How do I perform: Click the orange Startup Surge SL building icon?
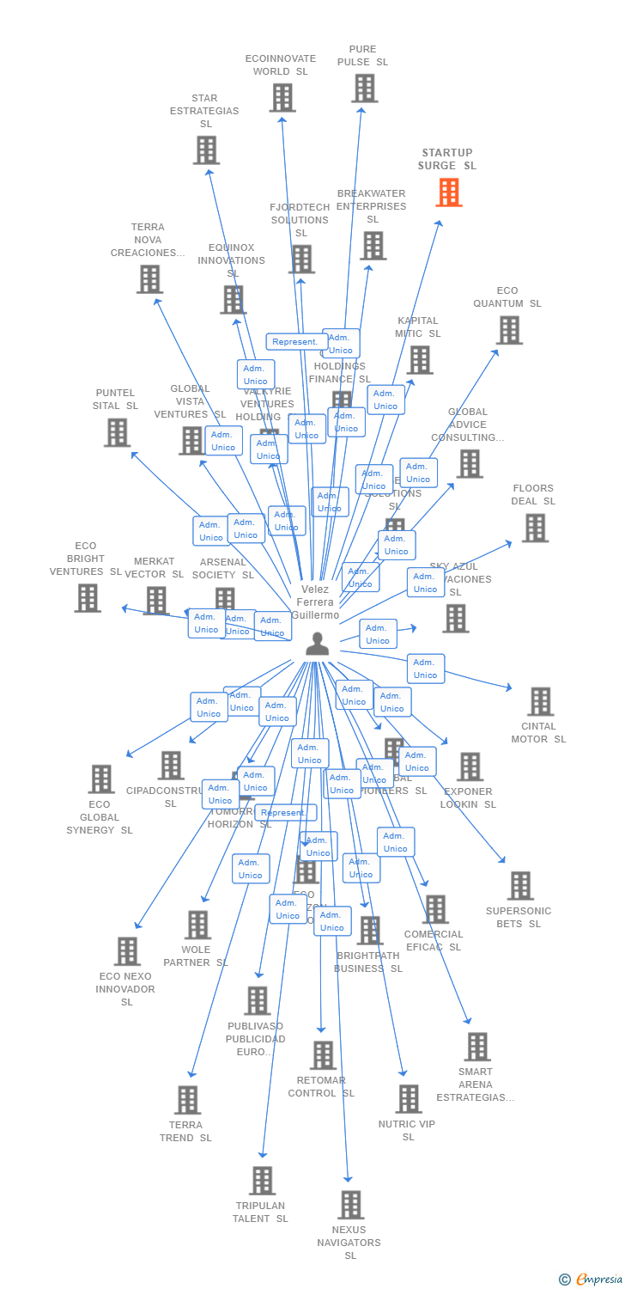tap(449, 192)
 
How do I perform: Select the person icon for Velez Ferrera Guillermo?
tap(317, 644)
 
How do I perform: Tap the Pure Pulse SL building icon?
tap(364, 88)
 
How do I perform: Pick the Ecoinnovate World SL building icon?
tap(282, 97)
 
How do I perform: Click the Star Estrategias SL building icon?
tap(206, 150)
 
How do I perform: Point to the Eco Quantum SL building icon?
tap(509, 330)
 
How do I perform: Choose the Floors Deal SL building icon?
tap(535, 528)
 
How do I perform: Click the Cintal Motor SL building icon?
tap(540, 701)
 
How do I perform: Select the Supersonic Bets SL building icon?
tap(520, 885)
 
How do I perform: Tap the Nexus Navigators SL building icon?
tap(350, 1205)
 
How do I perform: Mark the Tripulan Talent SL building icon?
tap(262, 1181)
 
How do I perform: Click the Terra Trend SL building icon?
tap(187, 1100)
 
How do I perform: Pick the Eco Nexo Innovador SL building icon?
tap(128, 951)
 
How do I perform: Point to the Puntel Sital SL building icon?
tap(118, 432)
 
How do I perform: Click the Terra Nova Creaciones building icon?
tap(150, 278)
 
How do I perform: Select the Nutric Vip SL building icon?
tap(409, 1098)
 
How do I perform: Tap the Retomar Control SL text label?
tap(321, 1087)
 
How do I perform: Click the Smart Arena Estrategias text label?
tap(476, 1084)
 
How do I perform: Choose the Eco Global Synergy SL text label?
tap(100, 817)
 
